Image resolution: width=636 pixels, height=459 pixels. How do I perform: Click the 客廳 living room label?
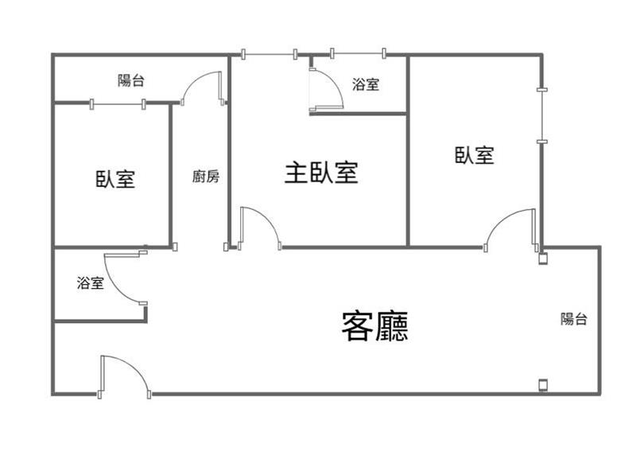[374, 326]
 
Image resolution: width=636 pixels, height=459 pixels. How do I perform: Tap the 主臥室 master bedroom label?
[321, 173]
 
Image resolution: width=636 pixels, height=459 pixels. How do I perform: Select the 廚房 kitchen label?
[206, 177]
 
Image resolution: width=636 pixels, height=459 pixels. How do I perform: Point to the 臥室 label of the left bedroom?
[115, 178]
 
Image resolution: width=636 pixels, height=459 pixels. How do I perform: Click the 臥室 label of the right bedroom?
[474, 155]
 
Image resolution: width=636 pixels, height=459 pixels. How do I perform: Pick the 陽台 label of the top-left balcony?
[131, 80]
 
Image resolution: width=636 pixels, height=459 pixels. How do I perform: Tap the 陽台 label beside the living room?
[574, 318]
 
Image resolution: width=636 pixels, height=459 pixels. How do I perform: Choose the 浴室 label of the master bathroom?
[366, 84]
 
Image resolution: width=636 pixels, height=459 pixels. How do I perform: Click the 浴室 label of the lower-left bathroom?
[91, 282]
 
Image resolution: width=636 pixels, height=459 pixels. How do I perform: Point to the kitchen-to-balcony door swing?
[193, 80]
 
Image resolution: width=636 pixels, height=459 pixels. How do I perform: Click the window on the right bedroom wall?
[542, 115]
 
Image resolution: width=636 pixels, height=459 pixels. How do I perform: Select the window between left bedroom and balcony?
[118, 104]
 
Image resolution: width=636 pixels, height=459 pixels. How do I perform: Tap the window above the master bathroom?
[358, 53]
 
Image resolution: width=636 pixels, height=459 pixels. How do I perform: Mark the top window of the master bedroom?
[270, 54]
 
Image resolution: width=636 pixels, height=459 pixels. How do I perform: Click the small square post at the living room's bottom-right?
[543, 385]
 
